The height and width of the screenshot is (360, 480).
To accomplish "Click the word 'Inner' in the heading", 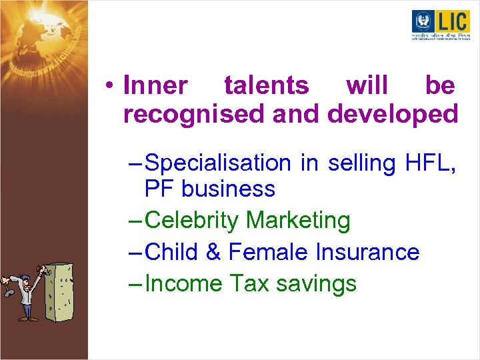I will click(x=155, y=86).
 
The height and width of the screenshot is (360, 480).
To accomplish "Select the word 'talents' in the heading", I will click(x=266, y=86).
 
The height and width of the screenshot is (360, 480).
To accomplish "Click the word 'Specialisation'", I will click(x=217, y=163).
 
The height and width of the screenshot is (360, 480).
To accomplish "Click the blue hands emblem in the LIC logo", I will click(x=423, y=21).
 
